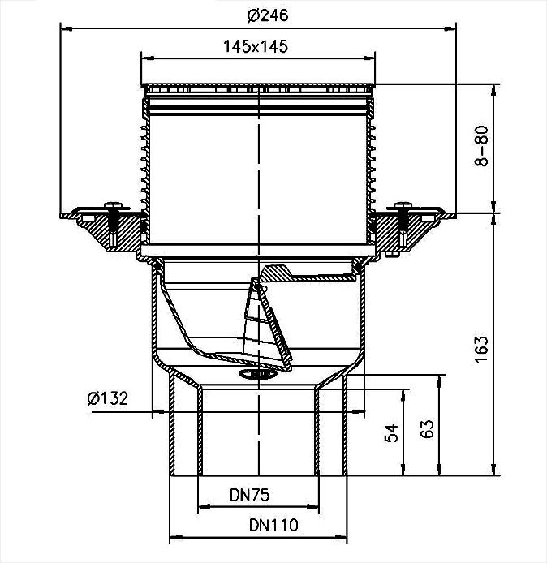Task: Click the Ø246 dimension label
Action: tap(268, 15)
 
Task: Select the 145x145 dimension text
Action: tap(256, 47)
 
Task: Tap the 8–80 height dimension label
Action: tap(481, 146)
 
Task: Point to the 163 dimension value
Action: tap(481, 350)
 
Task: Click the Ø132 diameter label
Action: tap(107, 398)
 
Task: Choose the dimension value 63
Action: tap(428, 428)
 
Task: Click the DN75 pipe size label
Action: tap(250, 496)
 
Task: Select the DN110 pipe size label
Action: tap(273, 526)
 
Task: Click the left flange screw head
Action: tap(113, 206)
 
